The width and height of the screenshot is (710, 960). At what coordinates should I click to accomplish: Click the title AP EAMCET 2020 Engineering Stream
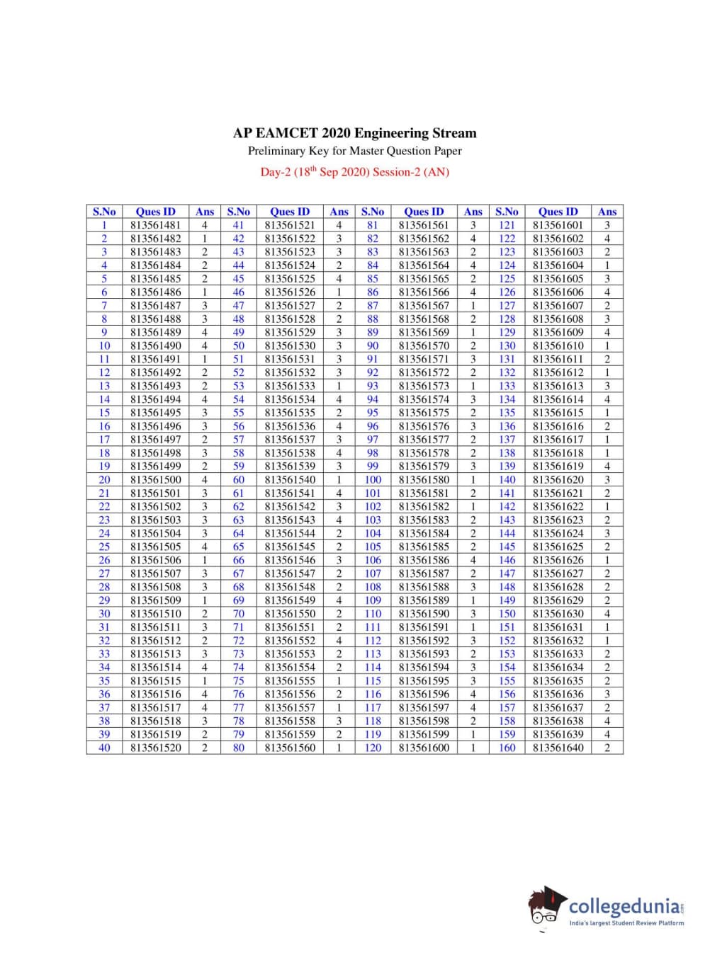pyautogui.click(x=354, y=133)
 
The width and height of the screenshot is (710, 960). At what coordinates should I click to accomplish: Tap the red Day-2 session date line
pyautogui.click(x=354, y=172)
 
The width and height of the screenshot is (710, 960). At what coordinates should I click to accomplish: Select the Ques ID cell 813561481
pyautogui.click(x=156, y=225)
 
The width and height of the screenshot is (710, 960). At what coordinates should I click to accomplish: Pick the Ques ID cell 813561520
pyautogui.click(x=156, y=748)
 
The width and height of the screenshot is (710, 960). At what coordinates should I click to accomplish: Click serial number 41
pyautogui.click(x=238, y=225)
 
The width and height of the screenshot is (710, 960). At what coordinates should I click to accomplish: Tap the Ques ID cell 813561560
pyautogui.click(x=290, y=748)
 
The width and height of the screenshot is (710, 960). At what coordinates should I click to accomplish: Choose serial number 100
pyautogui.click(x=373, y=480)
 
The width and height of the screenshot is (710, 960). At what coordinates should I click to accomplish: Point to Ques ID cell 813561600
pyautogui.click(x=424, y=748)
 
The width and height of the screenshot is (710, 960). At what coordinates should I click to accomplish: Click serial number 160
pyautogui.click(x=507, y=748)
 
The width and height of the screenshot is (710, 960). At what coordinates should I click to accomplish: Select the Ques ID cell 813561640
pyautogui.click(x=558, y=748)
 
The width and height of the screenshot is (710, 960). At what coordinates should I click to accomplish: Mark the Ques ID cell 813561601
pyautogui.click(x=558, y=225)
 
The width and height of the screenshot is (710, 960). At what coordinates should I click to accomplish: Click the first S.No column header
pyautogui.click(x=104, y=212)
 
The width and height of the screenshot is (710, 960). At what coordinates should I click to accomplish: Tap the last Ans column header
pyautogui.click(x=607, y=212)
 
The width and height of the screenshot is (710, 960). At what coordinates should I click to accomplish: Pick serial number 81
pyautogui.click(x=373, y=225)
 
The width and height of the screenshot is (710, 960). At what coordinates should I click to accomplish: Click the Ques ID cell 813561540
pyautogui.click(x=290, y=480)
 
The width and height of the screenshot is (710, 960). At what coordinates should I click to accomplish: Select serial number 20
pyautogui.click(x=104, y=480)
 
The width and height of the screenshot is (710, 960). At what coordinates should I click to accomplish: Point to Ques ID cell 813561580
pyautogui.click(x=424, y=480)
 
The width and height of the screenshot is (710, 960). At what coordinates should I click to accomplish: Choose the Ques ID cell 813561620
pyautogui.click(x=558, y=480)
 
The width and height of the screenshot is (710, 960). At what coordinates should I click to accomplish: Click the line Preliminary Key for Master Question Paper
pyautogui.click(x=354, y=151)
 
